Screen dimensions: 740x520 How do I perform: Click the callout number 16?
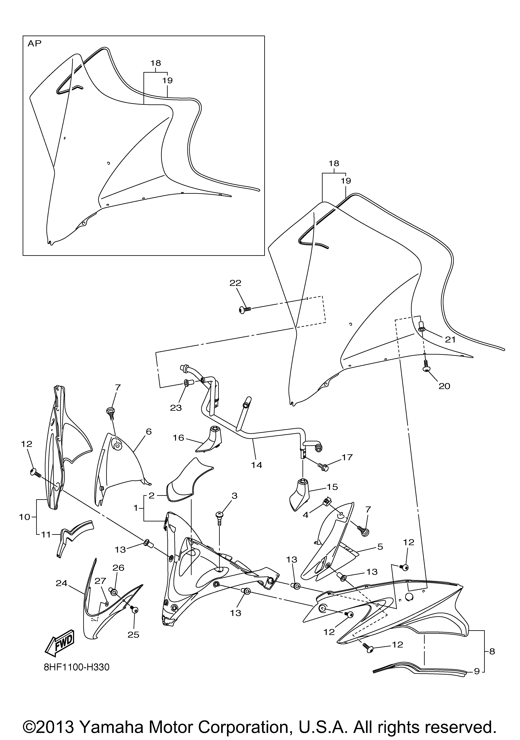(x=178, y=438)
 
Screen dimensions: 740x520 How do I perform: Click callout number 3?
(x=234, y=496)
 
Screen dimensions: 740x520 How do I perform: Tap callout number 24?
(x=62, y=583)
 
